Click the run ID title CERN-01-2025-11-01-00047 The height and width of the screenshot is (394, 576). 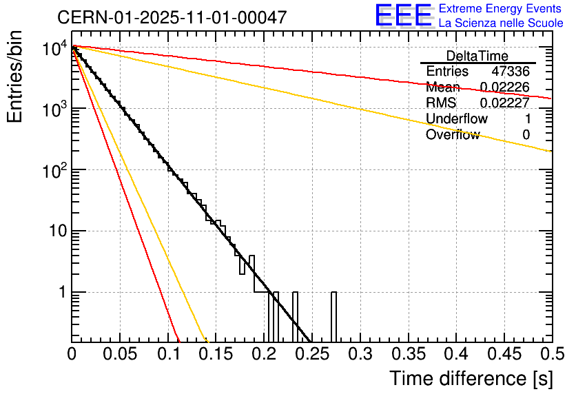[x=172, y=17]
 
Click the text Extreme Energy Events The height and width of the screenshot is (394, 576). [x=500, y=9]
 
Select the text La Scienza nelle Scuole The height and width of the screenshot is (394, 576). [x=501, y=23]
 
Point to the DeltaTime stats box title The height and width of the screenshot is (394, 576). [x=477, y=56]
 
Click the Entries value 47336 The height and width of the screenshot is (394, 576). [x=510, y=72]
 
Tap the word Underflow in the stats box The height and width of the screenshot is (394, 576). [x=456, y=119]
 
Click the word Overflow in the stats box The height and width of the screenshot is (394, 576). [x=452, y=135]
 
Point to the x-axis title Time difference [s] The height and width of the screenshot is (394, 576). [x=470, y=378]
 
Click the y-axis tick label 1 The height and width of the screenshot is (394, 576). [x=61, y=292]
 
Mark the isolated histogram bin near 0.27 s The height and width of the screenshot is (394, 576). [x=333, y=317]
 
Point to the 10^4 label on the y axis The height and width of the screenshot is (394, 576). [x=54, y=48]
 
